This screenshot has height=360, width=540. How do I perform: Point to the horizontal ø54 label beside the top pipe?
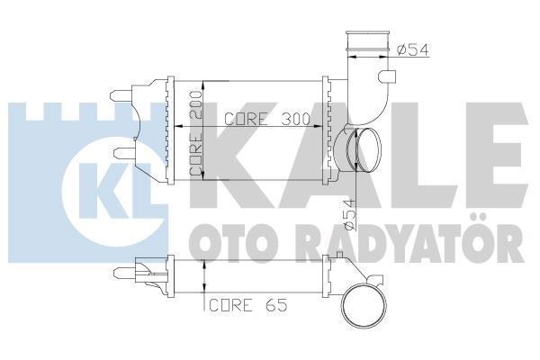[x=411, y=49]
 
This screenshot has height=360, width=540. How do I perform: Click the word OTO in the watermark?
[x=221, y=242]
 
